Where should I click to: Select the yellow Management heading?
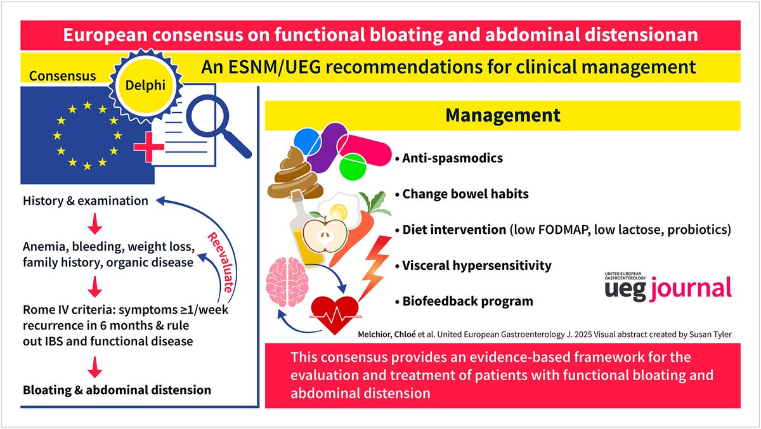pos(502,115)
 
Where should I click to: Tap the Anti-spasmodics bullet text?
pos(452,158)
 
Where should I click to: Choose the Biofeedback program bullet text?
pos(467,301)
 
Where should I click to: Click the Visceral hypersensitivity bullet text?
pos(477,266)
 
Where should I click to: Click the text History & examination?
pos(86,201)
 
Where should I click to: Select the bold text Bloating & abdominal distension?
pos(117,389)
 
